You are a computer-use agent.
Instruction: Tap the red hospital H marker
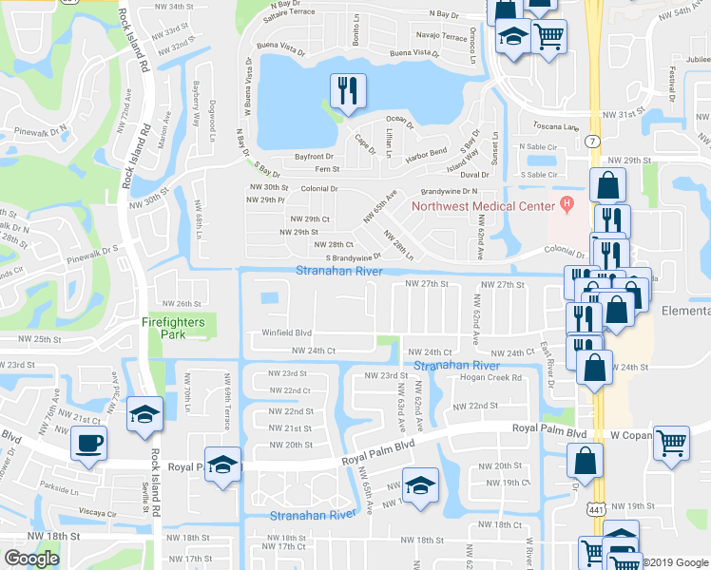[x=567, y=202]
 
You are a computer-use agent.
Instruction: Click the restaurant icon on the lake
[x=345, y=90]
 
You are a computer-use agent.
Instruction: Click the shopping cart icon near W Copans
[x=671, y=443]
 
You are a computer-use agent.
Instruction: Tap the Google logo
[x=31, y=559]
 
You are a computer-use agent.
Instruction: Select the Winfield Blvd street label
[x=287, y=332]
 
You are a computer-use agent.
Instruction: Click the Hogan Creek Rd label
[x=491, y=377]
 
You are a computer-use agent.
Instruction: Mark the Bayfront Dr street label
[x=314, y=156]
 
